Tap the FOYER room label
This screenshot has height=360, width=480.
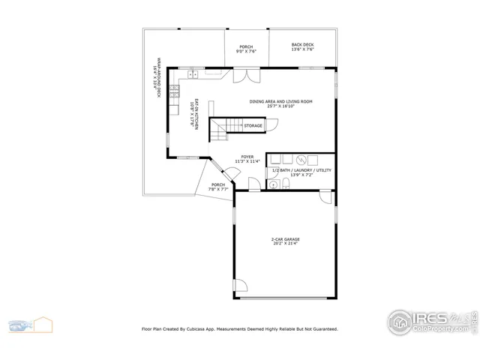[x=247, y=157]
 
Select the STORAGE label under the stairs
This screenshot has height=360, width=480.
[x=253, y=126]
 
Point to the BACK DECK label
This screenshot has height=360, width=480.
[x=302, y=45]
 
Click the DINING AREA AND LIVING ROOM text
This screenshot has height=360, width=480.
[x=280, y=101]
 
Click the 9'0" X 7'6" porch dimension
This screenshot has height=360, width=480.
[x=247, y=51]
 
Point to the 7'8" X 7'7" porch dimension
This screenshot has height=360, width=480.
[x=217, y=190]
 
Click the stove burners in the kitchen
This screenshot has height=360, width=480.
[x=174, y=93]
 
